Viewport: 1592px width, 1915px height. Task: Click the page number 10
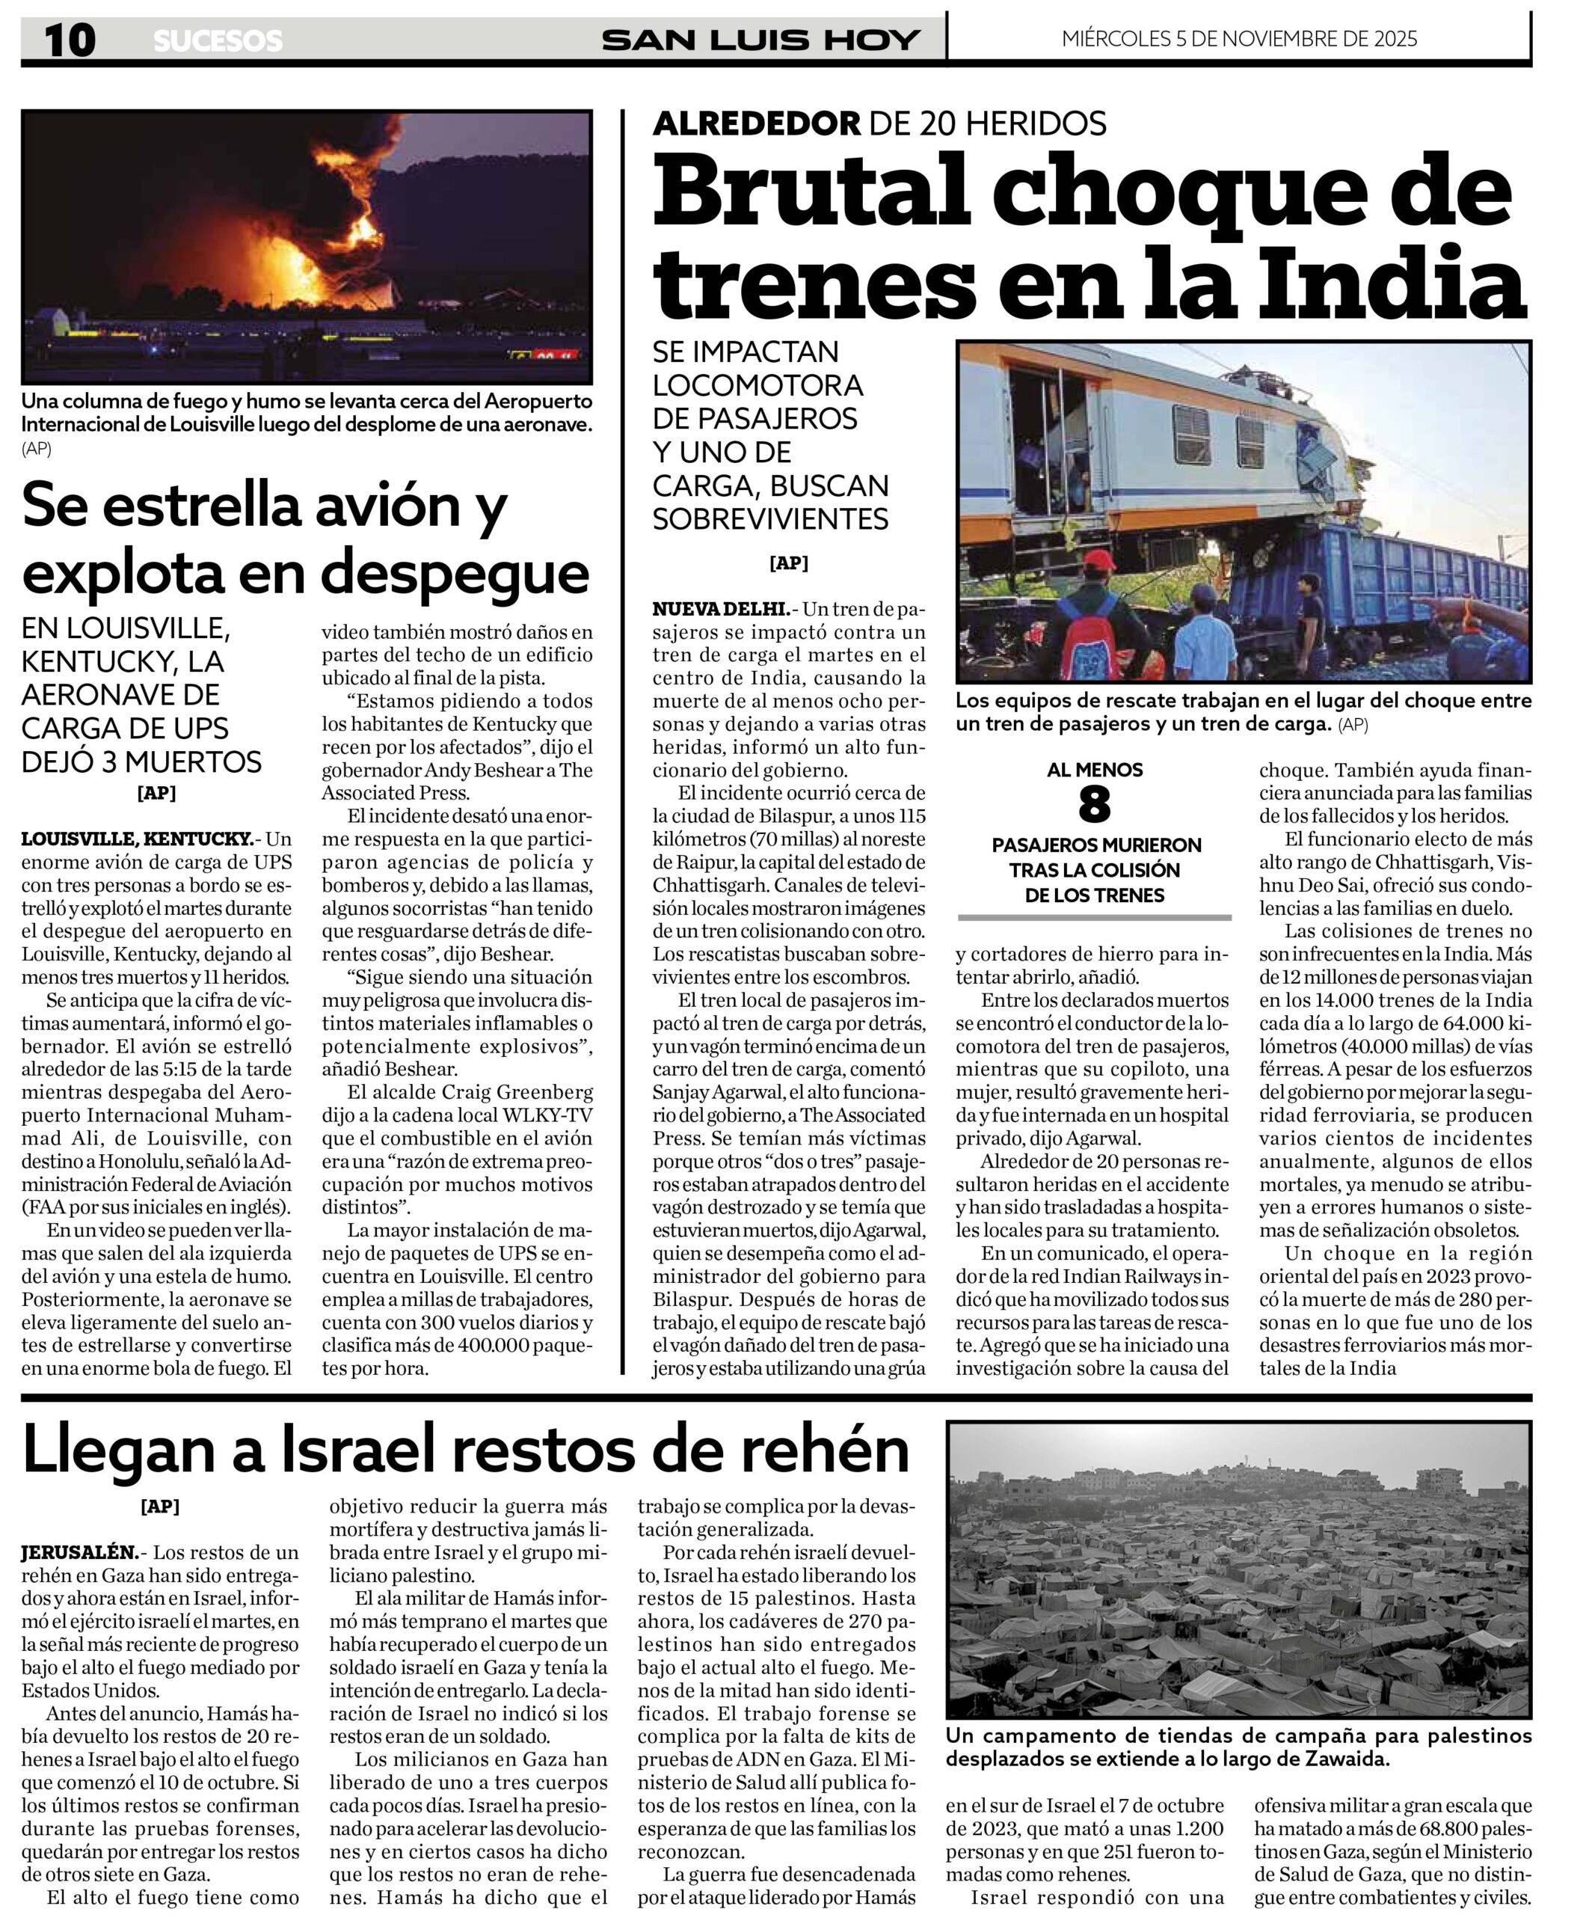pos(70,41)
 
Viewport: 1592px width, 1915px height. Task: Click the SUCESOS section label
pos(218,41)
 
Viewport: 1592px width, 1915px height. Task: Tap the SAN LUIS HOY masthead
pos(760,40)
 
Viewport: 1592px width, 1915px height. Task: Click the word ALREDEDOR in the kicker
pos(756,123)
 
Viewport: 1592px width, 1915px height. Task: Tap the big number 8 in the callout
pos(1094,805)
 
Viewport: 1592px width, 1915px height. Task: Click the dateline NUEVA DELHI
pos(720,609)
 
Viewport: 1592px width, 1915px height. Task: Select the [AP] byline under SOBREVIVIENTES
pos(789,563)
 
